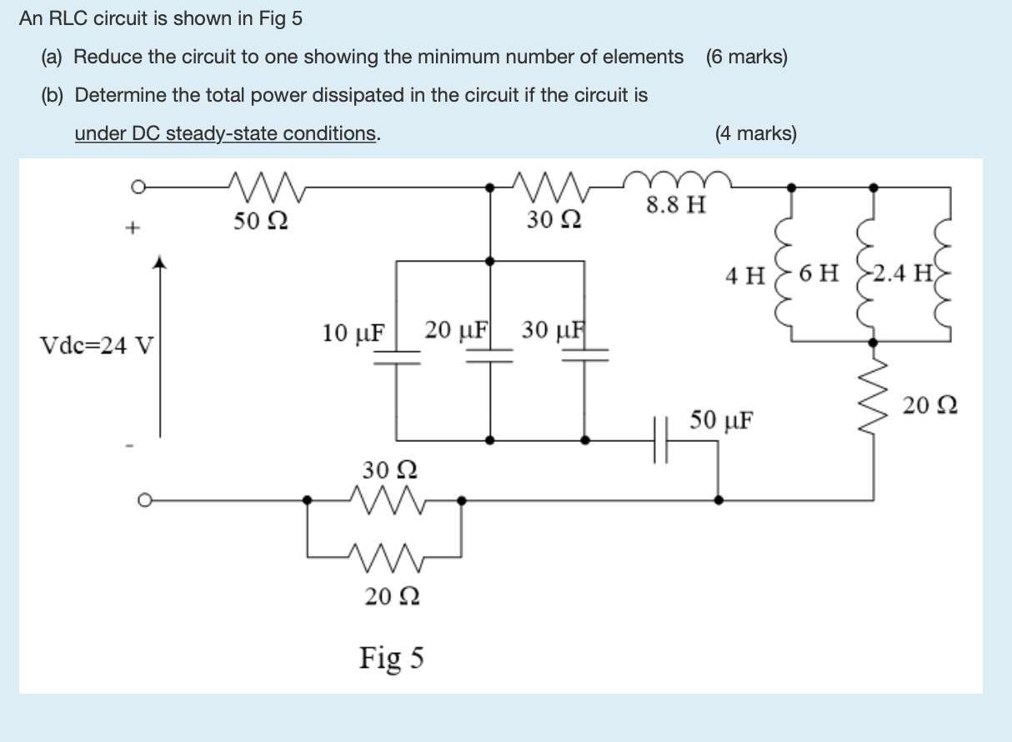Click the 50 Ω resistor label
pos(261,222)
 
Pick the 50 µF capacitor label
pos(722,419)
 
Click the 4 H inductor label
pos(744,275)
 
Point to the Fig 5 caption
pos(392,658)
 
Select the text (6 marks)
pos(746,57)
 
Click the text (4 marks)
pos(755,133)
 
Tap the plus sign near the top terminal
pos(131,226)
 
